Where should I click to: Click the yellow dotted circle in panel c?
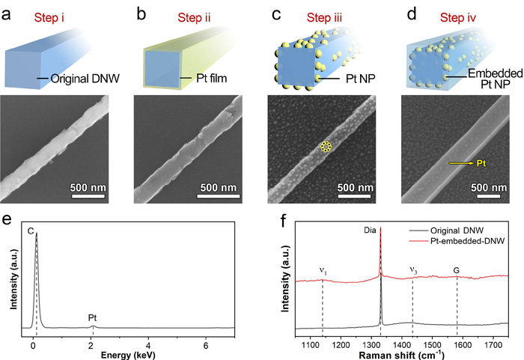coord(326,147)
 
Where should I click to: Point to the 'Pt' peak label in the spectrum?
coord(93,318)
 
